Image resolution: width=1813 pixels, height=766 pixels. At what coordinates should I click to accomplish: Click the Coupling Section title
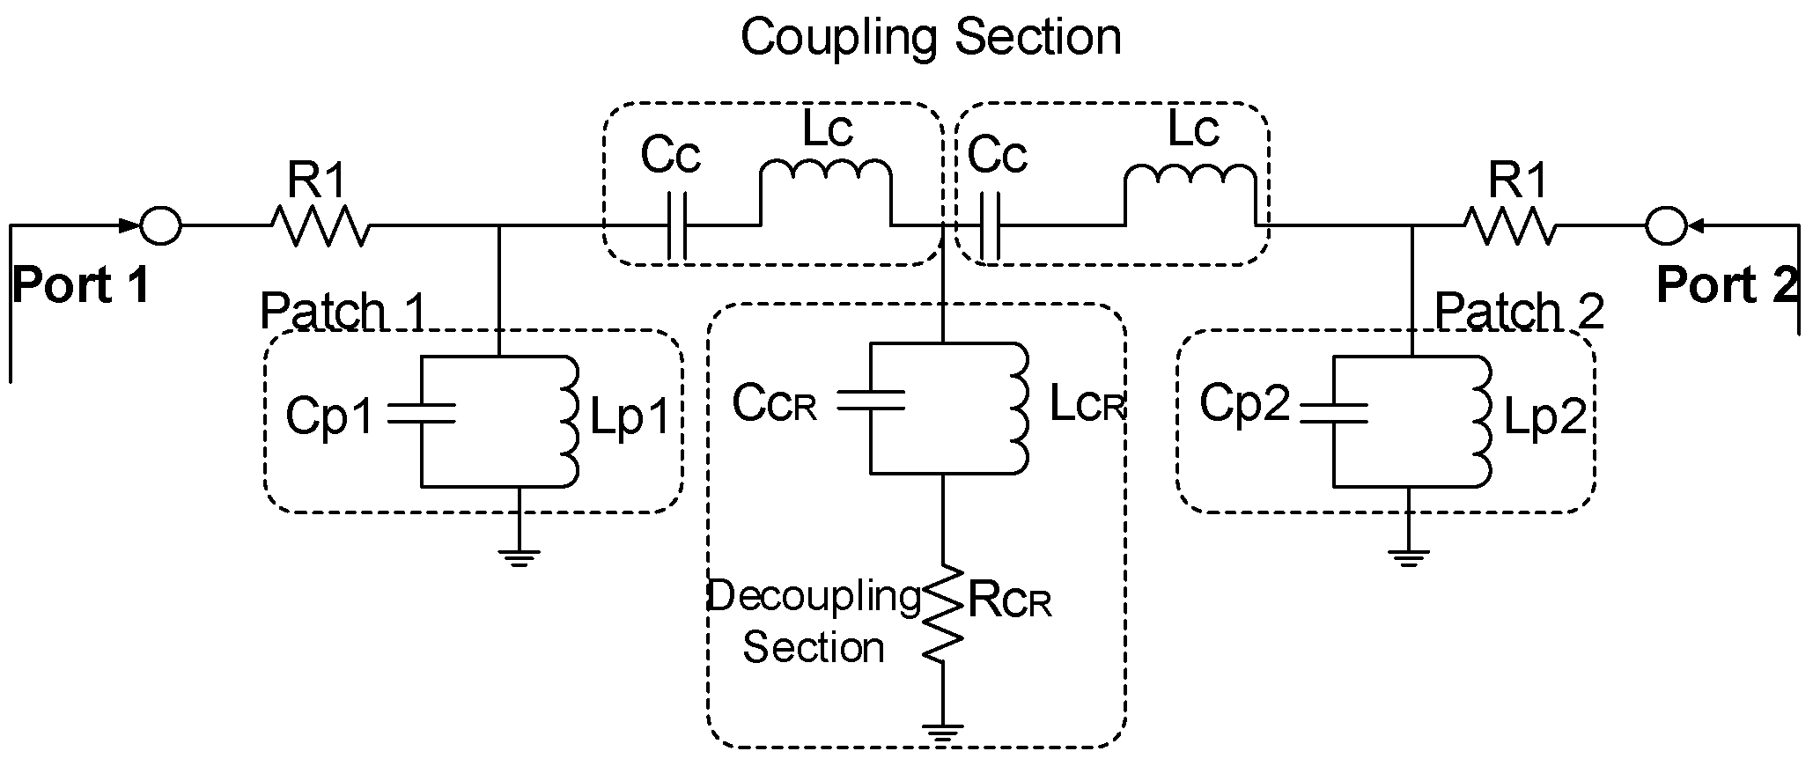pyautogui.click(x=931, y=37)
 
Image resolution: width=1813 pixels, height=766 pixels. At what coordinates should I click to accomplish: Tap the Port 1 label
pyautogui.click(x=81, y=285)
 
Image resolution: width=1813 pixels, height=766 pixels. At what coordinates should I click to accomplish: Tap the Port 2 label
pyautogui.click(x=1725, y=285)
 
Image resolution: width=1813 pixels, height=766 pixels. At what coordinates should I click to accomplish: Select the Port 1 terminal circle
pyautogui.click(x=161, y=225)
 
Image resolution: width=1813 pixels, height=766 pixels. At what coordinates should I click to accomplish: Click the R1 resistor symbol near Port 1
pyautogui.click(x=320, y=225)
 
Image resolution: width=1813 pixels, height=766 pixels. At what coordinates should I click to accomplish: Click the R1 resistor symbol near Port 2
pyautogui.click(x=1509, y=226)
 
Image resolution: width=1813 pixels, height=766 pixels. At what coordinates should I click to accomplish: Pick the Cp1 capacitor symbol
pyautogui.click(x=422, y=414)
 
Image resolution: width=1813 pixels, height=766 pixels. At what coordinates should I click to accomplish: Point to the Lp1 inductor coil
pyautogui.click(x=568, y=421)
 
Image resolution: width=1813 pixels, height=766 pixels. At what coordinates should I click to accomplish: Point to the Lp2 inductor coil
pyautogui.click(x=1481, y=421)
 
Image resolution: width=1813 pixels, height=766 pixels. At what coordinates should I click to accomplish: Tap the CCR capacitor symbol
pyautogui.click(x=871, y=401)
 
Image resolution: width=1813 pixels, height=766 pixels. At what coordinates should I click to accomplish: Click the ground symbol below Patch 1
pyautogui.click(x=519, y=556)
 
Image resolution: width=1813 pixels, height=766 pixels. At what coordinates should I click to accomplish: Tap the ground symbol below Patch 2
pyautogui.click(x=1408, y=556)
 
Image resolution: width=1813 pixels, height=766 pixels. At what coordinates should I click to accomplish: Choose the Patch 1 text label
pyautogui.click(x=343, y=311)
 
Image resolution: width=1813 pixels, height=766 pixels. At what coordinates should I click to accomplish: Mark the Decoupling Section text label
pyautogui.click(x=813, y=622)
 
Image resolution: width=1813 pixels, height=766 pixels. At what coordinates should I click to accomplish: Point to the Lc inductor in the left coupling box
pyautogui.click(x=826, y=176)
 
